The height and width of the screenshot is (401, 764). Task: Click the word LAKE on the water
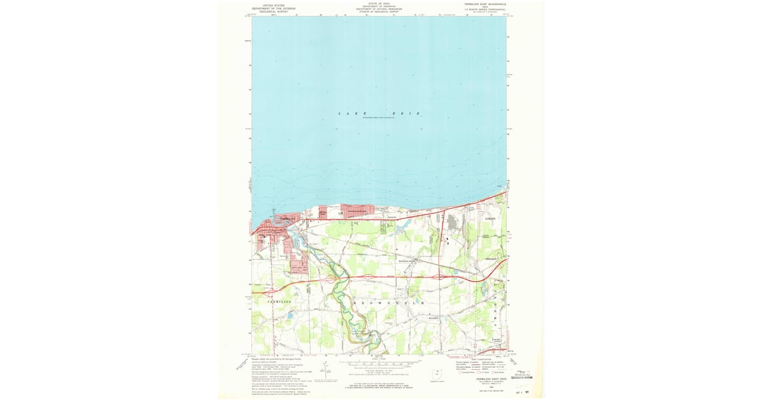click(348, 113)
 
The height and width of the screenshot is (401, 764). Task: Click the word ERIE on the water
click(409, 113)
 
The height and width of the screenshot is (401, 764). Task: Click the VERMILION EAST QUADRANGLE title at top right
click(485, 4)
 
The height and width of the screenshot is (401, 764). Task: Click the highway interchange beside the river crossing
click(332, 278)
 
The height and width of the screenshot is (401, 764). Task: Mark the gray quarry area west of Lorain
click(453, 222)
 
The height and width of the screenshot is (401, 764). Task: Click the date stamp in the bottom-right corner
click(523, 392)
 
